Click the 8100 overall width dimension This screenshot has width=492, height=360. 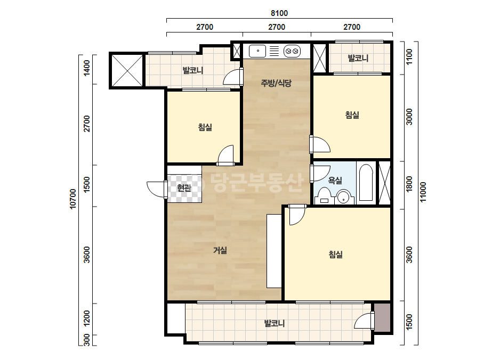coord(279,13)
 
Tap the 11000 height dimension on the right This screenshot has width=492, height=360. coord(423,192)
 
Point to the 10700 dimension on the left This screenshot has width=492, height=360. coord(73,199)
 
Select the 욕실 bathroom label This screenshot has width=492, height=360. coord(335,181)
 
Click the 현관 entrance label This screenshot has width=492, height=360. coord(184,188)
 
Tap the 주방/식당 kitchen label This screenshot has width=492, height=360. coord(276,83)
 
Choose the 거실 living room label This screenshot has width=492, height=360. coord(220,250)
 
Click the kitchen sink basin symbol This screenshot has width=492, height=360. coord(257,51)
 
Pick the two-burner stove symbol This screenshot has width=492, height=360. coord(292,51)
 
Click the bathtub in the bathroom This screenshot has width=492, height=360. coord(366,183)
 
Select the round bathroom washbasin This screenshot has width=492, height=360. coord(344,197)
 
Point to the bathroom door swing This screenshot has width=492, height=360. coord(319,173)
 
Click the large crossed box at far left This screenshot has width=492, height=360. coord(127,71)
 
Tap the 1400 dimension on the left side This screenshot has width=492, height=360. coord(87,68)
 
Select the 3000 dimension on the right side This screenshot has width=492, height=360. coord(409,117)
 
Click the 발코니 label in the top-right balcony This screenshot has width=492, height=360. coord(358,58)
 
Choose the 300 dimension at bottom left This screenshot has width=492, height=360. coord(87,340)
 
